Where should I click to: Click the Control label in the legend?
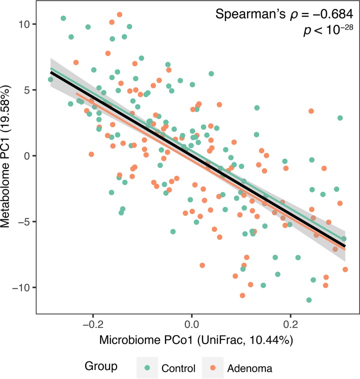178,369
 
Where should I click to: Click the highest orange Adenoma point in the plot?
119,14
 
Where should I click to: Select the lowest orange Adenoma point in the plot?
242,295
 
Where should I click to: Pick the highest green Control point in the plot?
63,18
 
